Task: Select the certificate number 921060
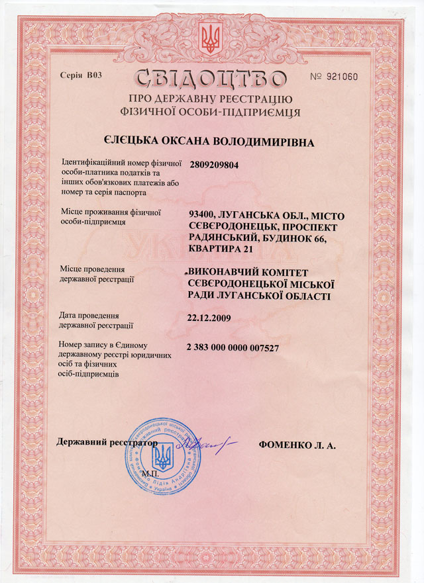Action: tap(343, 77)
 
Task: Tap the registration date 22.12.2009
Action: tap(209, 318)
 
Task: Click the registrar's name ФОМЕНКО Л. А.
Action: tap(297, 445)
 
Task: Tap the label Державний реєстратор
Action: tap(108, 441)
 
